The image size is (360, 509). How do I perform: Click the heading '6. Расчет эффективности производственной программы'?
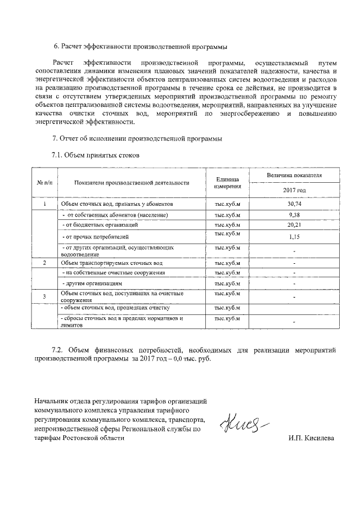(x=141, y=46)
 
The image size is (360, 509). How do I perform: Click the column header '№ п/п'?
(x=45, y=183)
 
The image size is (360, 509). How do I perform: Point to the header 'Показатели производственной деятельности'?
(x=131, y=183)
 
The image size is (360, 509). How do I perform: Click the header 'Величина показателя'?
(x=294, y=175)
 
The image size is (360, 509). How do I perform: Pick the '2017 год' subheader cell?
(x=294, y=191)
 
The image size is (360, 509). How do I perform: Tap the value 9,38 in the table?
(x=294, y=215)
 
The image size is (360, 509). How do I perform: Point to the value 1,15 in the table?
(x=294, y=237)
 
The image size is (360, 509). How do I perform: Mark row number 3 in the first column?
(x=45, y=296)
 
